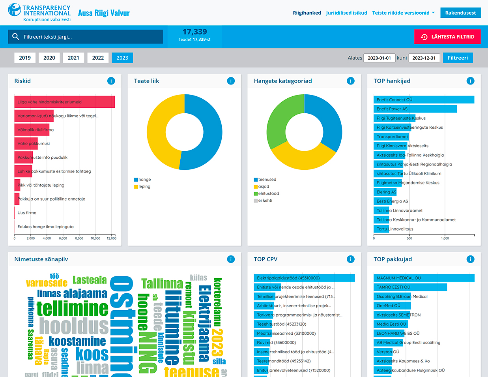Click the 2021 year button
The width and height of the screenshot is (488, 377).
point(73,58)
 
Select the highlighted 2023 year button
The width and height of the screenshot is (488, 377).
point(122,58)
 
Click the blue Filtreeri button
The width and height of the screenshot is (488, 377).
point(458,58)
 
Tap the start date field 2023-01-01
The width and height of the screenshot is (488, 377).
point(379,58)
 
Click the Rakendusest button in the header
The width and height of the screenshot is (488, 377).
point(460,13)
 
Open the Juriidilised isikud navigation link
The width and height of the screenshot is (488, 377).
point(346,13)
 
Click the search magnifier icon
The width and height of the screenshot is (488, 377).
point(16,37)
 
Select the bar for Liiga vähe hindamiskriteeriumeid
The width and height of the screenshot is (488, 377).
point(65,102)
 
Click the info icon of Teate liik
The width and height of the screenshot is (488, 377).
point(231,81)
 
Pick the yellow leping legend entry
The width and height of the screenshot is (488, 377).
point(142,186)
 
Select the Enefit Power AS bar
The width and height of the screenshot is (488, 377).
point(415,109)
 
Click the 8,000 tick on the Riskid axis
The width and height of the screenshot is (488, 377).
point(79,238)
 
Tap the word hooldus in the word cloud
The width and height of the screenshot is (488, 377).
point(74,326)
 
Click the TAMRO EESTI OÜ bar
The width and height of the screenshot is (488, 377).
point(410,287)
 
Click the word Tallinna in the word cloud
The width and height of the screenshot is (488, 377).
point(162,283)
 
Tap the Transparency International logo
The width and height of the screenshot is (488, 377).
point(39,13)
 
